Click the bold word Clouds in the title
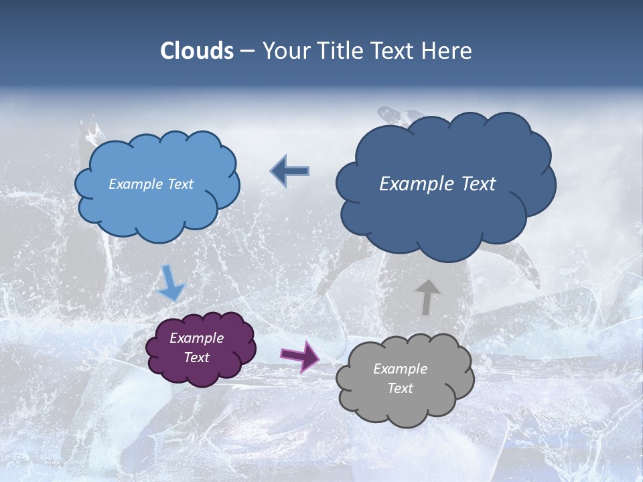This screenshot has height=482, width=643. [x=197, y=51]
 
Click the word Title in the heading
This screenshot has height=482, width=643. [x=336, y=51]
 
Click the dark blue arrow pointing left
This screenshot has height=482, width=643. [x=290, y=171]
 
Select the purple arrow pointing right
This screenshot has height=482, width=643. [x=299, y=355]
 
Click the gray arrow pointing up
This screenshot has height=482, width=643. [x=427, y=297]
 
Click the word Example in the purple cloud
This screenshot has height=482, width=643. [x=196, y=338]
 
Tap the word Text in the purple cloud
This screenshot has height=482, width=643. [x=196, y=357]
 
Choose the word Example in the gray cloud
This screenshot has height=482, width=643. [x=400, y=369]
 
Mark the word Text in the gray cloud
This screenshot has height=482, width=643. [x=400, y=388]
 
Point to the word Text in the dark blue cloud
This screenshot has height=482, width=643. [x=474, y=184]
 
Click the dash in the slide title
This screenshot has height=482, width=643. [x=247, y=52]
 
